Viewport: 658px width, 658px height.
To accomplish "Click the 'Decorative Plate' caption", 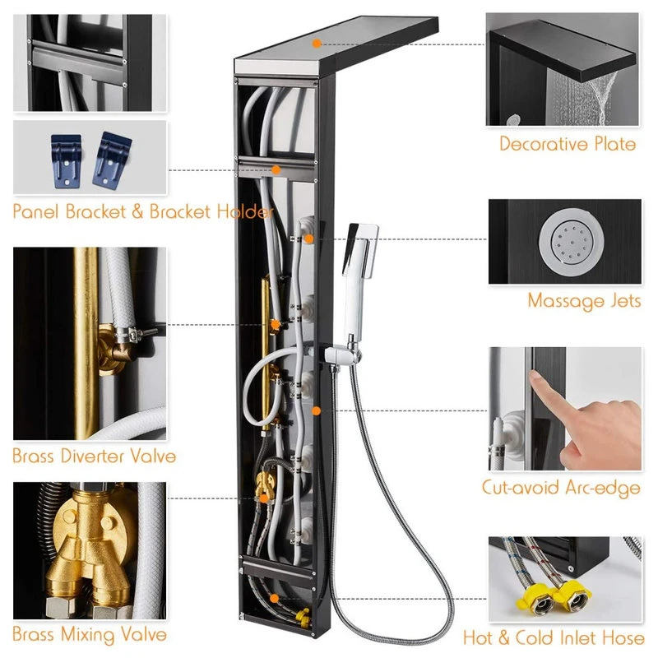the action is pos(568,144).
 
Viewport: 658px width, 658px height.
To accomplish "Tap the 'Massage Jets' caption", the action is pos(584,301).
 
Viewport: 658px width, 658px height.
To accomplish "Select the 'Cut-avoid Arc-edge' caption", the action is pos(561,488).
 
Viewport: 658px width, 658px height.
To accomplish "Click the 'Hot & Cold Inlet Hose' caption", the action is pos(554,638).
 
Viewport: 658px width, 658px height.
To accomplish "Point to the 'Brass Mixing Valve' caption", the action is pos(90,634).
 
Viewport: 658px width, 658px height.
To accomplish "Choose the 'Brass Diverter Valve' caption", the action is pos(94,456).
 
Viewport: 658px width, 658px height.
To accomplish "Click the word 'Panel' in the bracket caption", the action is pos(35,211).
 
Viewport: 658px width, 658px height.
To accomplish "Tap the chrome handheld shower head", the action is pos(359,273).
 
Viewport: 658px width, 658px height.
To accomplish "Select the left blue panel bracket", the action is pos(66,161).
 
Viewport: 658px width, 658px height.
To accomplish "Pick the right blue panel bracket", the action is pos(112,159).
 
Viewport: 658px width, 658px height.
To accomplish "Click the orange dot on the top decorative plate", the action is pos(317,44).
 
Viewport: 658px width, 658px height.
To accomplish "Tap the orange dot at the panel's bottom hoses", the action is pos(274,599).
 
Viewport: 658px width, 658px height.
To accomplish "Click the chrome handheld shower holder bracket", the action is pos(343,355).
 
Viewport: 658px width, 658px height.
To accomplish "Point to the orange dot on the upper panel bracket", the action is pos(276,170).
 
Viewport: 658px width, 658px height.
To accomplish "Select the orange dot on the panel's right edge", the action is pos(316,410).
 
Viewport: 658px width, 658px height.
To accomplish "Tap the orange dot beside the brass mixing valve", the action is pos(263,498).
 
